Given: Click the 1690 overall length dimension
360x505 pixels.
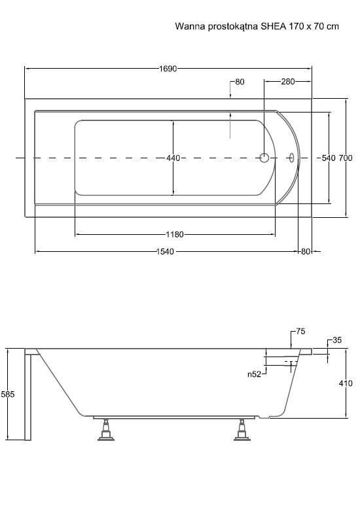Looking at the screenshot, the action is coord(168,69).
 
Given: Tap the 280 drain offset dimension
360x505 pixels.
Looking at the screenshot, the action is coord(288,82).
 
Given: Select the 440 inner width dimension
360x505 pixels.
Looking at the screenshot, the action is coord(173,158).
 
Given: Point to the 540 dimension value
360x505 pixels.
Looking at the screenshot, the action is coord(329,158).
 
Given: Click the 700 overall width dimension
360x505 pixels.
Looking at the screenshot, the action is coord(345,158).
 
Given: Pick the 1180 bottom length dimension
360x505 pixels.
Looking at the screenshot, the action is coord(175,234).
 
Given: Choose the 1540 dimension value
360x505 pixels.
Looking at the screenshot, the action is coord(165,252).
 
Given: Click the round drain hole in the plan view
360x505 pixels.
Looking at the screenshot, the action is coord(264,158).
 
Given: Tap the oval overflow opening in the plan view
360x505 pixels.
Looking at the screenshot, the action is coord(292,158).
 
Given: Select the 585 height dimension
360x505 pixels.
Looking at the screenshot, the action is coord(8,394).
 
